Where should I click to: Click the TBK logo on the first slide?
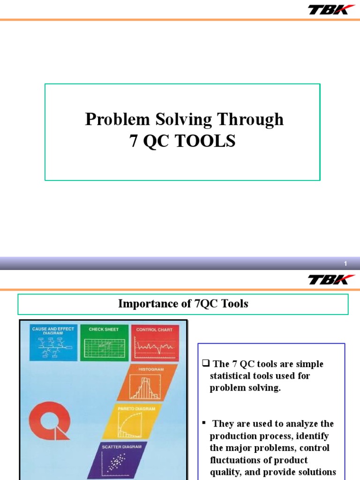(x=331, y=9)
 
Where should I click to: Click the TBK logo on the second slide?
(x=331, y=279)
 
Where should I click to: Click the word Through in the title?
(x=254, y=120)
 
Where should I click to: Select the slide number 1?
(x=345, y=264)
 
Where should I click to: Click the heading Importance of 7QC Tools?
(x=183, y=304)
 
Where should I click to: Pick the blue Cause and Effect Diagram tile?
(x=53, y=343)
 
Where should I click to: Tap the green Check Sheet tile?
(x=104, y=343)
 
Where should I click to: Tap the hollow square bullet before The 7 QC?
(x=205, y=364)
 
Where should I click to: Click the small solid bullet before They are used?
(x=204, y=422)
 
